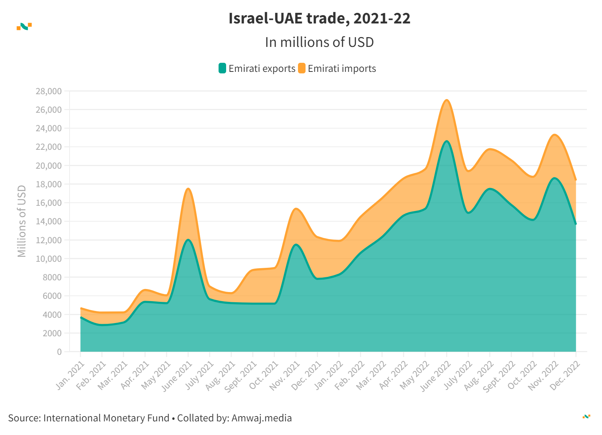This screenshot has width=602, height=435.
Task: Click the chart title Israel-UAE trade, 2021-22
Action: [319, 19]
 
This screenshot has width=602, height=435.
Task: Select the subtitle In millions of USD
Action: [319, 42]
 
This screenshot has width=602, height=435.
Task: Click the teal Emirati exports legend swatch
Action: [222, 68]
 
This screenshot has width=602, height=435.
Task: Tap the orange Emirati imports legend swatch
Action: [302, 68]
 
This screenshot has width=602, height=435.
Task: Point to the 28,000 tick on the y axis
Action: [48, 91]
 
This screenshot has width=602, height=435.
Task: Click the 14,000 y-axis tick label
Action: [48, 221]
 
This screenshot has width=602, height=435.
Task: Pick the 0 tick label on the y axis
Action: [59, 352]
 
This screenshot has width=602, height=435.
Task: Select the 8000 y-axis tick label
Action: [52, 277]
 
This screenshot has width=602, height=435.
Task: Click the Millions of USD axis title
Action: [22, 221]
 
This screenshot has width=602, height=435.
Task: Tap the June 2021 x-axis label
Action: [177, 376]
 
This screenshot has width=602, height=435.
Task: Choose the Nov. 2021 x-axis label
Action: [285, 376]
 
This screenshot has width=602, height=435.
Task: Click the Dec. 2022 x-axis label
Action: [565, 376]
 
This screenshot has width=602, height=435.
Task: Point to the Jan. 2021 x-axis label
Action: [70, 376]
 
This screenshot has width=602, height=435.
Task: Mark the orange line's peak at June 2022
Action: [447, 100]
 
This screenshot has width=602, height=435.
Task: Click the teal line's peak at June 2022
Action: [447, 141]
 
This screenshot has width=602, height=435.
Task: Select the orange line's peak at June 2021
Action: [188, 189]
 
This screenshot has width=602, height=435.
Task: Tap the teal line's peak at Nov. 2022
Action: [554, 178]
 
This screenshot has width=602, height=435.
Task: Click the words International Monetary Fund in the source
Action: [106, 418]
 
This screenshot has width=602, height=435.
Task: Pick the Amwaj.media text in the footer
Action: [262, 418]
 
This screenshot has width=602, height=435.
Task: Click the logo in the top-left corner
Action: [24, 26]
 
